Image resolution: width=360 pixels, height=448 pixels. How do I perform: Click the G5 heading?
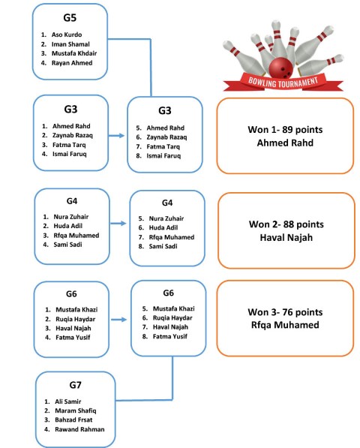click(x=70, y=18)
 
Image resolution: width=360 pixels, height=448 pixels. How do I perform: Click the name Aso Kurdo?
click(x=67, y=35)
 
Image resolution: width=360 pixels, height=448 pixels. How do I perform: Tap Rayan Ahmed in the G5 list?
click(x=72, y=63)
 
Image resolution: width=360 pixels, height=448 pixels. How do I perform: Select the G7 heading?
click(x=75, y=385)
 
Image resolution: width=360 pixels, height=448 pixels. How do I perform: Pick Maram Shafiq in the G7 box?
click(x=76, y=410)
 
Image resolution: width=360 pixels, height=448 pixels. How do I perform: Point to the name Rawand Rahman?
click(x=79, y=429)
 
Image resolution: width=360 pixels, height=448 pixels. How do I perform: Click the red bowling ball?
click(x=280, y=68)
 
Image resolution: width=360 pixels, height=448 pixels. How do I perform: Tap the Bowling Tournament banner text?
click(x=283, y=82)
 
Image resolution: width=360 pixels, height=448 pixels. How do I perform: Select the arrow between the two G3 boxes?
click(x=116, y=135)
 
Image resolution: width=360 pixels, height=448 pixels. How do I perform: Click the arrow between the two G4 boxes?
click(x=118, y=223)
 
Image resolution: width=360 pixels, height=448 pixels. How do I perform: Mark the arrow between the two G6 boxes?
click(x=118, y=320)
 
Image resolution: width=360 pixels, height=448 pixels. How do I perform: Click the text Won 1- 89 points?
click(x=285, y=130)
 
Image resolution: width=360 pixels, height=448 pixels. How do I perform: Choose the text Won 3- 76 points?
click(x=285, y=312)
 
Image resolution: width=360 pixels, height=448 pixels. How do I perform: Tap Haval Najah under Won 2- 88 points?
click(x=286, y=237)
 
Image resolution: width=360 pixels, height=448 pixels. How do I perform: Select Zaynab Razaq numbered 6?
click(x=166, y=137)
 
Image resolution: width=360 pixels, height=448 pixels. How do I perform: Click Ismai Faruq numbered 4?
click(x=69, y=154)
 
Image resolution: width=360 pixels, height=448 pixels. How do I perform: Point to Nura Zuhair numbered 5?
click(x=166, y=218)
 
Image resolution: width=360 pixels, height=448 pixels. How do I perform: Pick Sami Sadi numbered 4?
click(x=67, y=245)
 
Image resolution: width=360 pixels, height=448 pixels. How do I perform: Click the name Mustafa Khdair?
click(x=74, y=53)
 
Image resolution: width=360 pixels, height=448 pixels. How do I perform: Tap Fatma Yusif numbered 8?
click(x=169, y=336)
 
